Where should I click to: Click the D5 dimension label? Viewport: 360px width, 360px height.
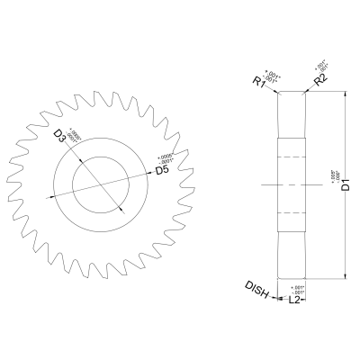[x=162, y=169]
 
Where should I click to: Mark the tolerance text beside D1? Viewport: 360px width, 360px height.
[x=334, y=181]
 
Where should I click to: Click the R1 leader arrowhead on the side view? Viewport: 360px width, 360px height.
[x=279, y=94]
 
